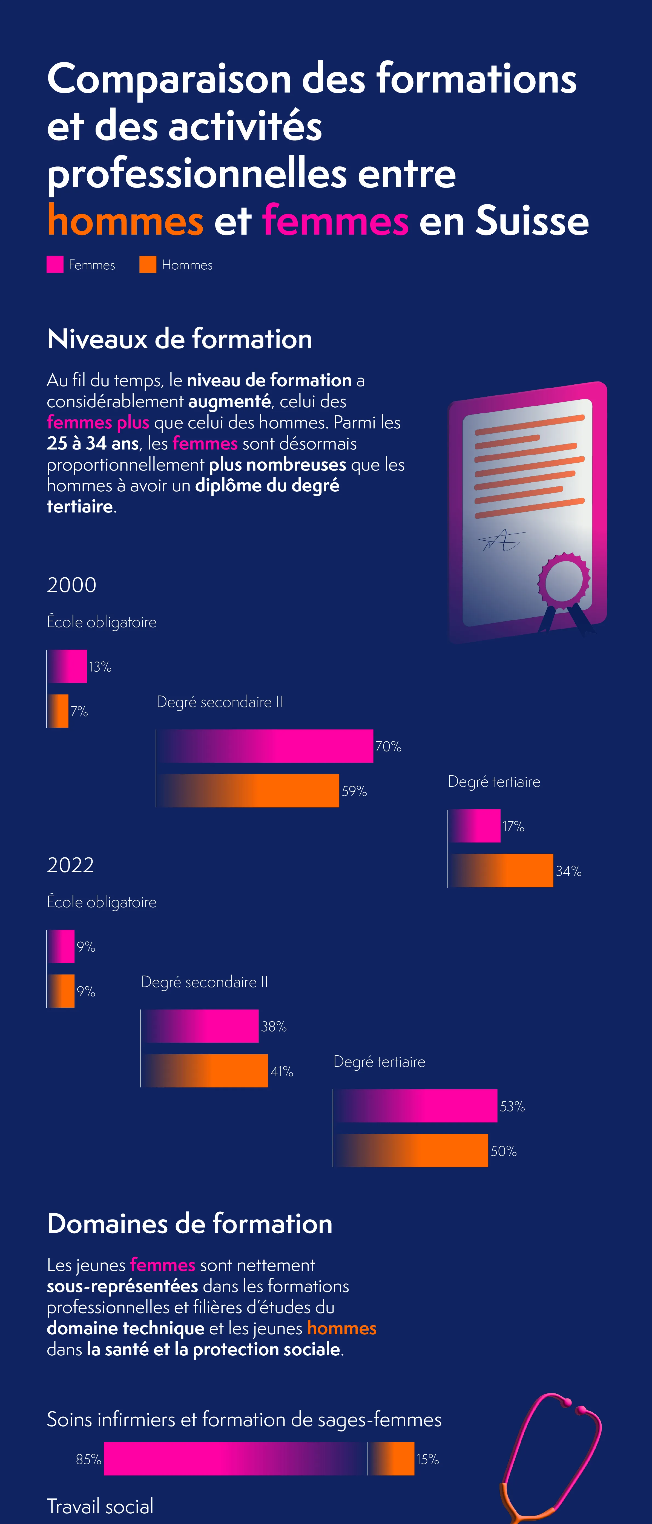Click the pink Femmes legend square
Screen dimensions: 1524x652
pos(55,264)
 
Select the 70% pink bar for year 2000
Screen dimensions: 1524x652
pos(265,746)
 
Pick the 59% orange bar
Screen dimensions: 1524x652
pos(248,790)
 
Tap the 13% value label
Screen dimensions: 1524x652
pos(100,667)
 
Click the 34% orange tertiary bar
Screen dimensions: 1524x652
pos(501,870)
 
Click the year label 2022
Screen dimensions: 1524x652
pos(70,865)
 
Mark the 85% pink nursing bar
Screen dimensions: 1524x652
pos(235,1459)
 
